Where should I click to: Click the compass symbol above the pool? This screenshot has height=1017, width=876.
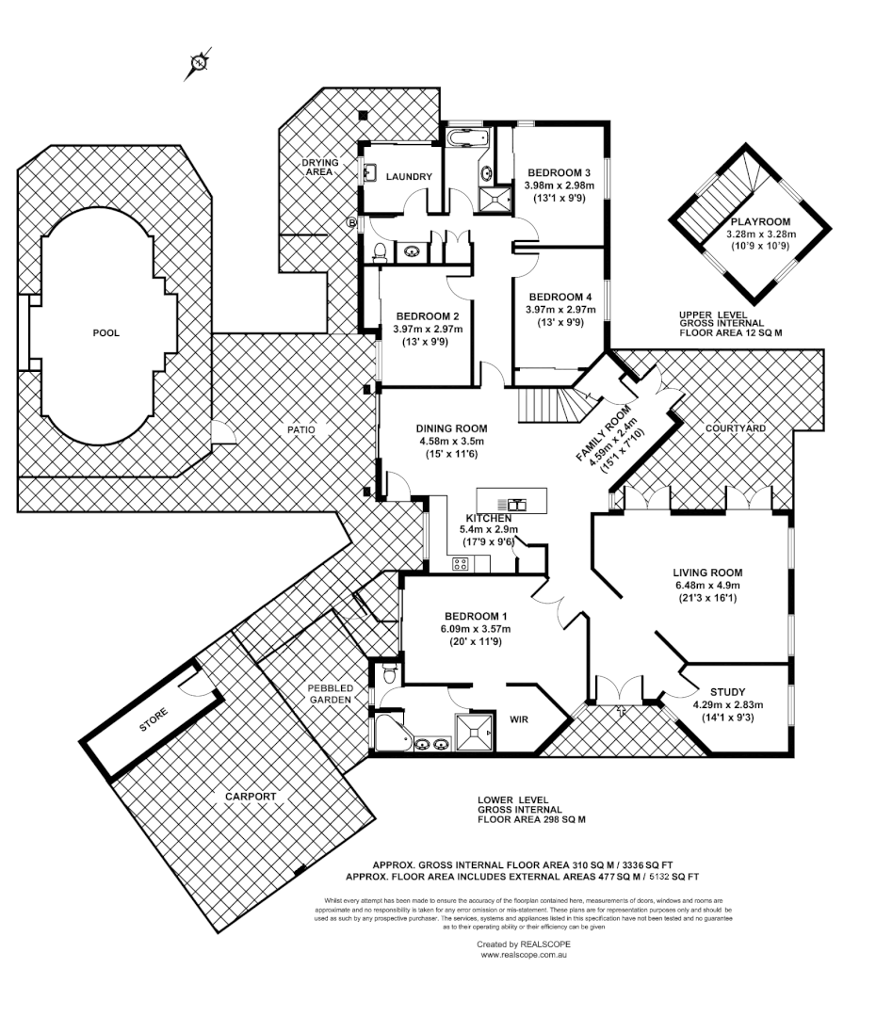click(200, 63)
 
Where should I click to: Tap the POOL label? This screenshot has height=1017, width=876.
click(106, 332)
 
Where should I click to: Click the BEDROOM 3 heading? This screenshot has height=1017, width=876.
click(559, 172)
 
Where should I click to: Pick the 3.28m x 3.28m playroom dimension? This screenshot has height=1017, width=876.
click(762, 234)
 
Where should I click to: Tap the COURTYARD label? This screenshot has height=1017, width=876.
click(735, 428)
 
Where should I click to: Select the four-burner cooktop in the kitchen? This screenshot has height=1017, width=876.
click(462, 564)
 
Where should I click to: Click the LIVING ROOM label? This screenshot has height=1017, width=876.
click(707, 572)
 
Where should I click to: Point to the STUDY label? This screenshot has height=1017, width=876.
click(726, 690)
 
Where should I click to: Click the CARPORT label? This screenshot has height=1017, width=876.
click(251, 797)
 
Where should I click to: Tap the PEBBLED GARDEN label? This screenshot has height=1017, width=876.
click(330, 694)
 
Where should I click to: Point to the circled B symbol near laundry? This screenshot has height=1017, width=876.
click(352, 223)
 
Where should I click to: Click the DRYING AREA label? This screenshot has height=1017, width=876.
click(319, 168)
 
